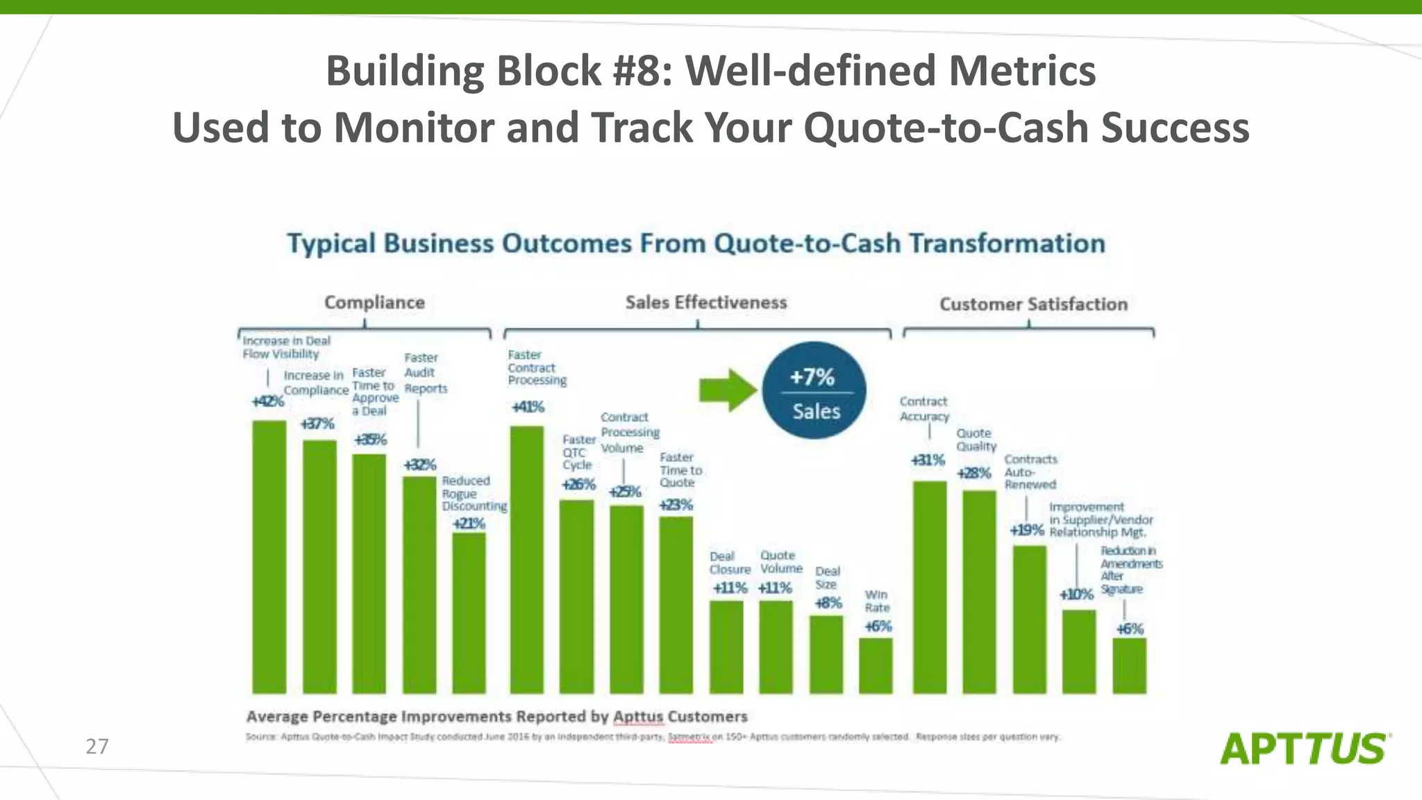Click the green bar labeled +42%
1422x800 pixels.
tap(269, 556)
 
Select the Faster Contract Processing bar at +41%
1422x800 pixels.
tap(527, 559)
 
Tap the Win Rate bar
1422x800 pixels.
tap(876, 665)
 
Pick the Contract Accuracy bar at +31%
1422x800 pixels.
tap(930, 587)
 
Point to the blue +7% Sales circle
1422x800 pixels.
tap(814, 390)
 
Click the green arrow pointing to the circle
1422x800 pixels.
tap(726, 390)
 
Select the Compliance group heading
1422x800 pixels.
tap(374, 303)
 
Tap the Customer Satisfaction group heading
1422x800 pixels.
tap(1033, 304)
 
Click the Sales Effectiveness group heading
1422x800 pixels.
tap(706, 303)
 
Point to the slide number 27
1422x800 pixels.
tap(97, 747)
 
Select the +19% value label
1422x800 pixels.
tap(1026, 531)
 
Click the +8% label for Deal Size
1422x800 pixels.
tap(828, 603)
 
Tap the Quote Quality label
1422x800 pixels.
tap(976, 440)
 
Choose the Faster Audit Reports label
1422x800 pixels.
tap(425, 373)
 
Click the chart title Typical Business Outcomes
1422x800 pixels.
tap(696, 244)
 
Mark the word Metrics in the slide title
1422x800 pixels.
tap(1021, 71)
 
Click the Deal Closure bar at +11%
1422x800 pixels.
tap(726, 647)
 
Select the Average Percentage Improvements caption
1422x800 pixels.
tap(496, 717)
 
